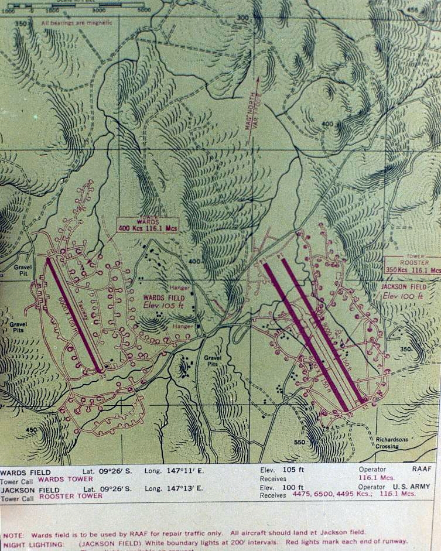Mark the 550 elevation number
pos(300,442)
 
